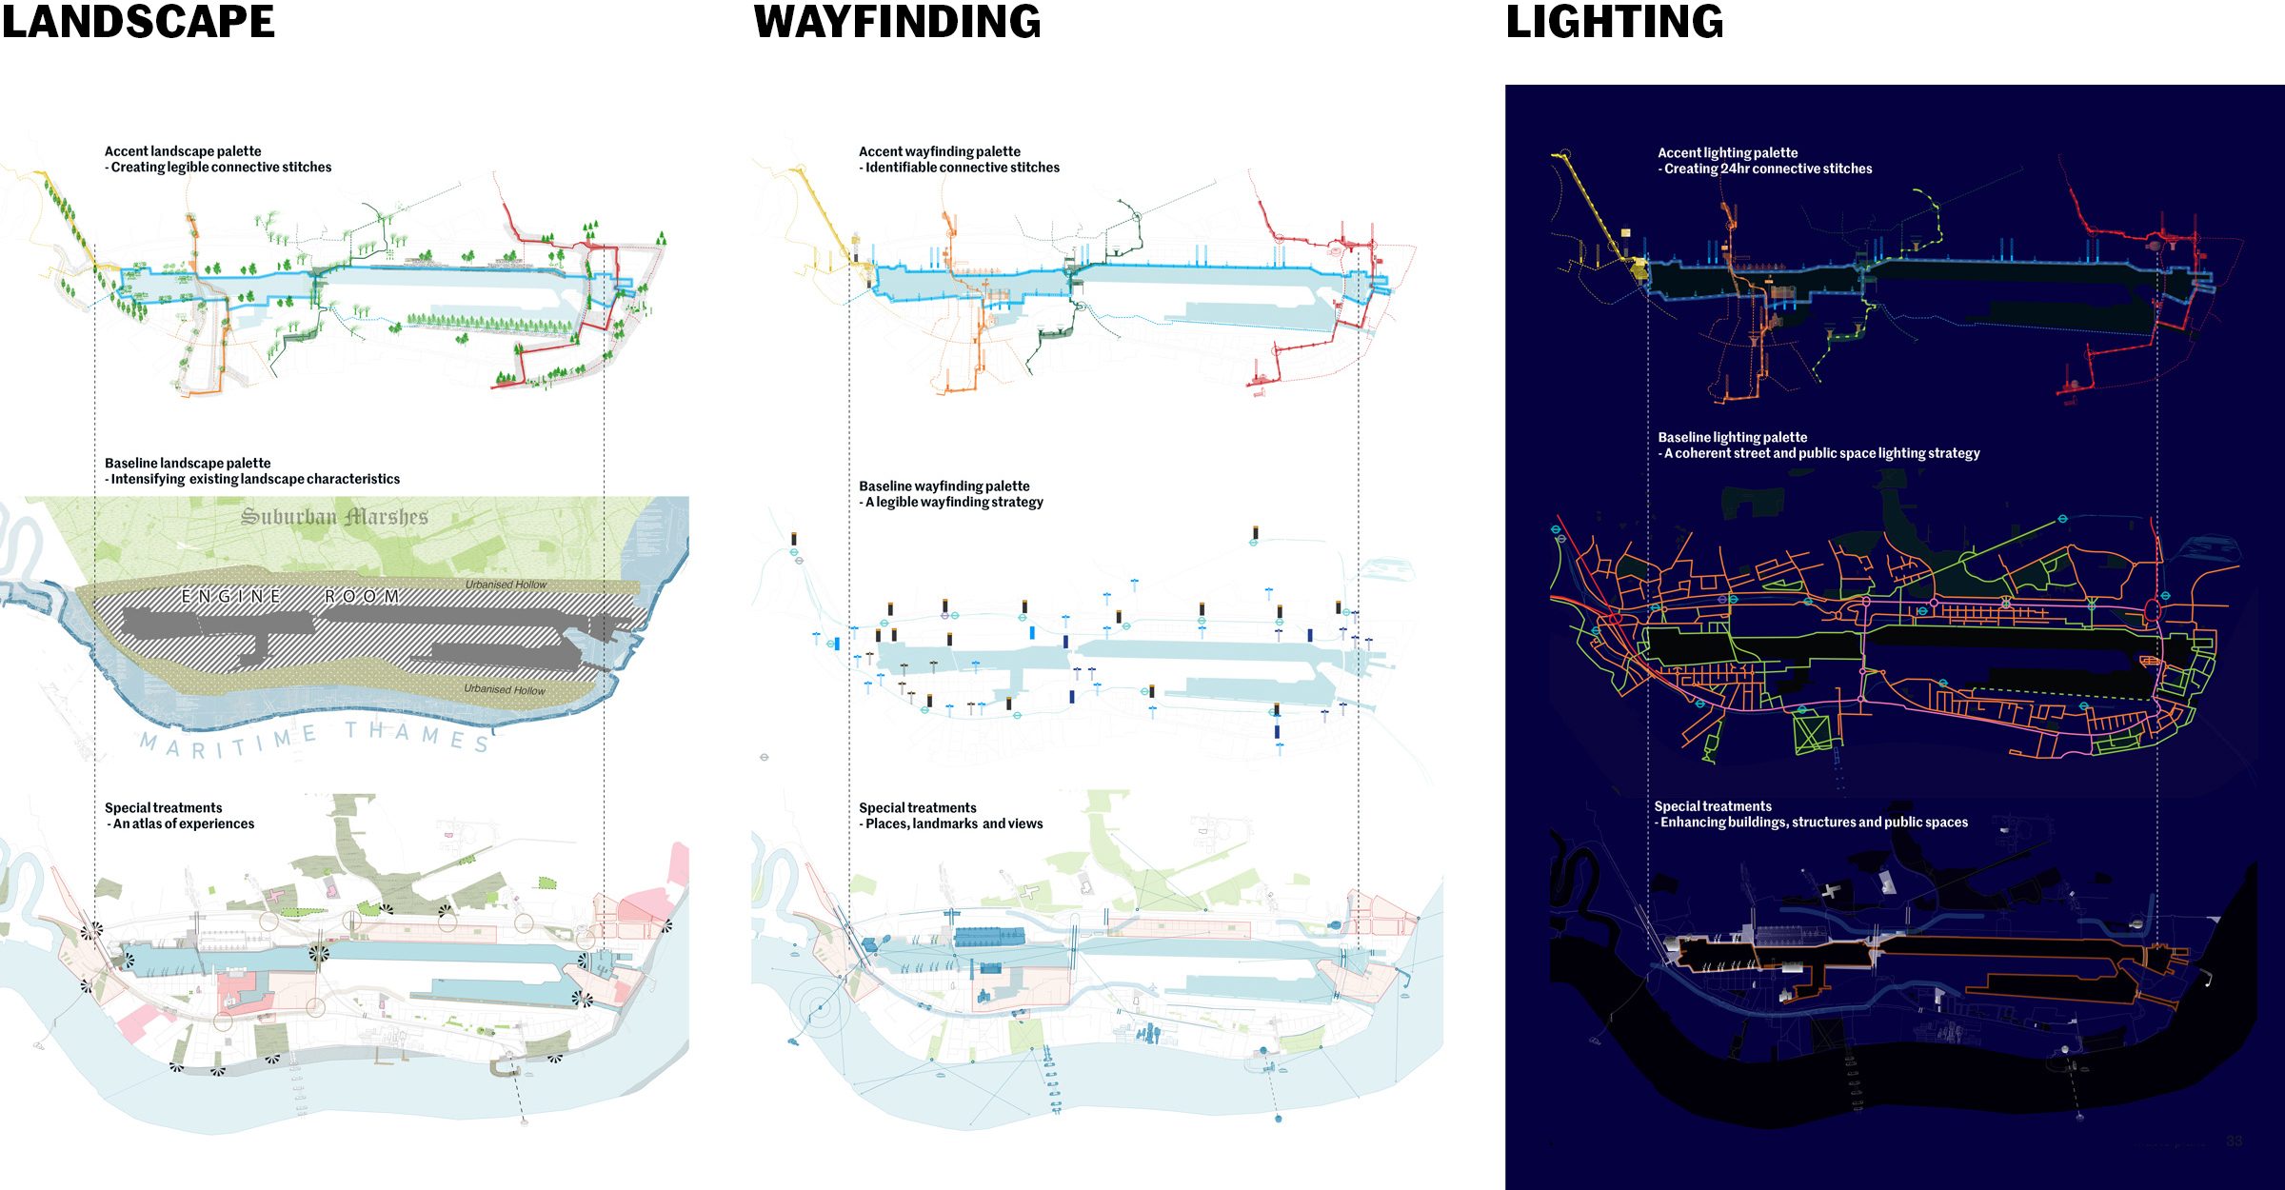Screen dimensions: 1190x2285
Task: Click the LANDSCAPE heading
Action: (x=138, y=22)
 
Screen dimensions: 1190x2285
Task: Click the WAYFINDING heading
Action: (x=897, y=22)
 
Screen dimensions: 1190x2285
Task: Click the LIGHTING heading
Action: (x=1614, y=22)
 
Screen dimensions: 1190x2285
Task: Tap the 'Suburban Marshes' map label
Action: (x=334, y=517)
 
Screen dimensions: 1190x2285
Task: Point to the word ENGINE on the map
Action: (x=231, y=597)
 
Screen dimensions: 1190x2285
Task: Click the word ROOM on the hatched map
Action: (x=362, y=597)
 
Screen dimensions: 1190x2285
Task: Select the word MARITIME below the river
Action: (x=228, y=742)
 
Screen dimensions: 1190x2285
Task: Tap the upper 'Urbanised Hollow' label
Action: (x=506, y=585)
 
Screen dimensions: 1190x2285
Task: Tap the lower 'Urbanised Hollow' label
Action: (x=505, y=689)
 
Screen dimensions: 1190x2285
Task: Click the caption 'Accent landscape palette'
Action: (x=183, y=151)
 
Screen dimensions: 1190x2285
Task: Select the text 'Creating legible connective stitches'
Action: (x=221, y=168)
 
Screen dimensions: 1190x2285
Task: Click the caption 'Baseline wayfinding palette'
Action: (x=944, y=486)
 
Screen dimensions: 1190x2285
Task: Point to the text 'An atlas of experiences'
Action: (x=184, y=824)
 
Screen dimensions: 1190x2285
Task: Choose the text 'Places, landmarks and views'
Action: (x=954, y=824)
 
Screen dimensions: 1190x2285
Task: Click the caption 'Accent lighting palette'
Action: (x=1727, y=153)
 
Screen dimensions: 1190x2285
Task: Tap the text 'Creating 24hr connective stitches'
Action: (x=1768, y=169)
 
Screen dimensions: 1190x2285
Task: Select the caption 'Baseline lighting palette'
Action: (x=1732, y=438)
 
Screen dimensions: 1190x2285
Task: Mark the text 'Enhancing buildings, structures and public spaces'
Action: (x=1814, y=823)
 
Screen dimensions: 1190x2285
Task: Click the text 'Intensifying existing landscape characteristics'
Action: (x=255, y=480)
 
